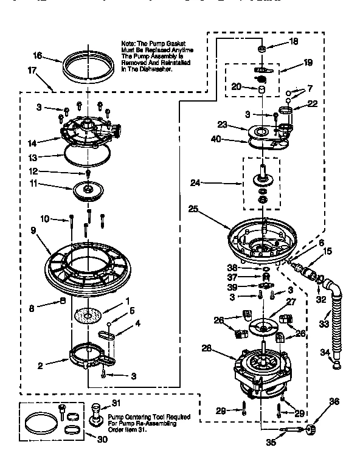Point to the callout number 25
click(x=193, y=209)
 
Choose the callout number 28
click(x=207, y=348)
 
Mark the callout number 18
click(x=293, y=42)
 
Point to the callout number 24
click(x=195, y=182)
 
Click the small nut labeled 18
click(x=261, y=48)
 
